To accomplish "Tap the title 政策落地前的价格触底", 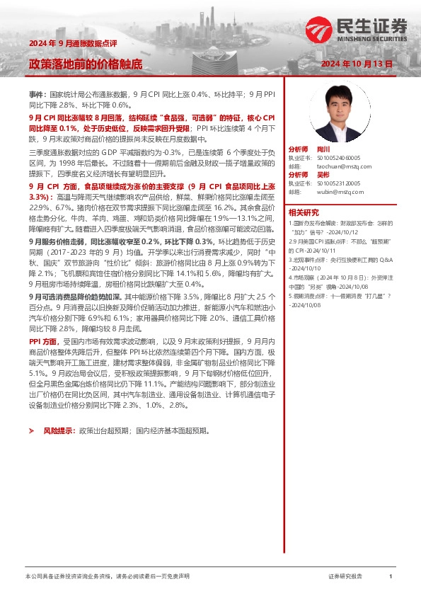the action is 85,64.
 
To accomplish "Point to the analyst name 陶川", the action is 325,150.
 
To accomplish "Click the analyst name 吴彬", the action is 325,174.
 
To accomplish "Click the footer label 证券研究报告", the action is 345,577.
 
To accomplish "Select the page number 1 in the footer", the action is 391,577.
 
